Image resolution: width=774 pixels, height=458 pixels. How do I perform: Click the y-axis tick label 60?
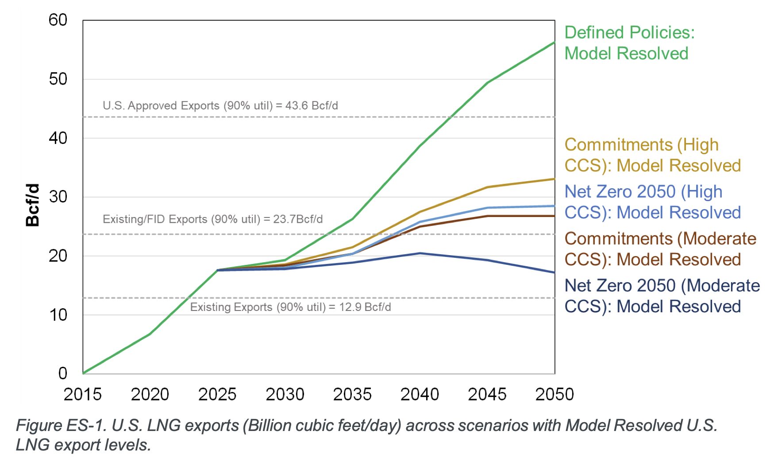click(x=58, y=20)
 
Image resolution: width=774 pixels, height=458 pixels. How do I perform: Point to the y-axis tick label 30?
click(x=58, y=197)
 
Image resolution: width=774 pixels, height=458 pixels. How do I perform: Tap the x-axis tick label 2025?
click(x=217, y=394)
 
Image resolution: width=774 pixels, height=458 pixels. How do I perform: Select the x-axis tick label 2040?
click(x=420, y=394)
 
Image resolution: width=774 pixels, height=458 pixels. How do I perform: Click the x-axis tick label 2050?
click(x=554, y=394)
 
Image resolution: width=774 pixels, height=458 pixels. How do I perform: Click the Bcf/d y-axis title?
click(x=33, y=205)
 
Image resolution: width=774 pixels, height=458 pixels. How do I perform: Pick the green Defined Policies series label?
click(x=629, y=43)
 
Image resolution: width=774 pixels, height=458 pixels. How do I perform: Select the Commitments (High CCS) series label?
click(x=652, y=155)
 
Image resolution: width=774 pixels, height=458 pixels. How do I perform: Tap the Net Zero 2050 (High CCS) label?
click(x=652, y=202)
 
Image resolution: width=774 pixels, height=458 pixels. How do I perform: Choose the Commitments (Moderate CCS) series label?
click(x=660, y=249)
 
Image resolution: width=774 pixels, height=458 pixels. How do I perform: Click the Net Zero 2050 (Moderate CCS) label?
click(x=662, y=296)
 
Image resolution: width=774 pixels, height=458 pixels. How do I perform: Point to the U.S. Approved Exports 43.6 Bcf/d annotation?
click(x=220, y=106)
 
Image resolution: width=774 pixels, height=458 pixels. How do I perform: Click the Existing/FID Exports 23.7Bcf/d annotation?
click(x=212, y=219)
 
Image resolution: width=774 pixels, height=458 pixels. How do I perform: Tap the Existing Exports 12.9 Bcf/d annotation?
click(x=290, y=307)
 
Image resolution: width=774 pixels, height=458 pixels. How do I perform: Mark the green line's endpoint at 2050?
click(x=554, y=43)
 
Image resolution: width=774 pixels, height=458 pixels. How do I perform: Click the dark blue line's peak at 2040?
click(x=420, y=253)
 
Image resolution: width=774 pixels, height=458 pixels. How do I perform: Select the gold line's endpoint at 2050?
click(x=554, y=179)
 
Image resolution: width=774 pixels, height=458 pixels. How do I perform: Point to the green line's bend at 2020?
click(x=150, y=334)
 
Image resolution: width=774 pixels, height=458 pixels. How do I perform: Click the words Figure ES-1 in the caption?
click(x=61, y=425)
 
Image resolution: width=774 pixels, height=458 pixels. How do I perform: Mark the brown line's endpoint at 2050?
click(x=554, y=216)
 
